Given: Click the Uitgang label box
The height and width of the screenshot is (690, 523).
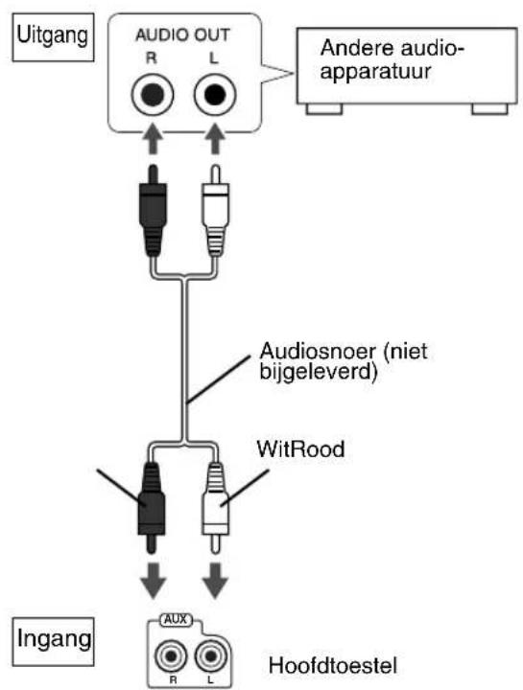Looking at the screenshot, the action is coord(53,37).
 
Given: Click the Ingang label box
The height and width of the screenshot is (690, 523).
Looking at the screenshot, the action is coord(53,641).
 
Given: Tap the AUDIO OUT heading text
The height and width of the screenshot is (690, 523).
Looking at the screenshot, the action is coord(182,35).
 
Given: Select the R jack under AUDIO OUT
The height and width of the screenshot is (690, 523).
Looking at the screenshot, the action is coord(153,95).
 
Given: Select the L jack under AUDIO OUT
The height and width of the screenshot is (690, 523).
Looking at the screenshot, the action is coord(215,95).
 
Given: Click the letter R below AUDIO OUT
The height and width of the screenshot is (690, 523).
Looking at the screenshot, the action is coord(152,57).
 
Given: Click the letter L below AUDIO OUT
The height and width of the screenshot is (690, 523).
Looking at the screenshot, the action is coord(214,57).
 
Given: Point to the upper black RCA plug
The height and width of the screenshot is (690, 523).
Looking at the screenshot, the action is coord(153,210).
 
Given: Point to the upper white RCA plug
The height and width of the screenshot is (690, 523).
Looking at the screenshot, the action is coord(215,210).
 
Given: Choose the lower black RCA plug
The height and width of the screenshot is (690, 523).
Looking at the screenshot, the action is coord(152,507).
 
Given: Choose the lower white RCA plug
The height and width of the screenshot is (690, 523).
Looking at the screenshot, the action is coord(215,507).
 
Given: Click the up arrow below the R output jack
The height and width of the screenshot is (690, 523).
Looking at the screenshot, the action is coord(153,139).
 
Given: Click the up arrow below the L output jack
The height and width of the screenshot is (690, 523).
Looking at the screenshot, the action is coord(215,139).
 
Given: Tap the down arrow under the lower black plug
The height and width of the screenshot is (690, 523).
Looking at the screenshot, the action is coord(153,581).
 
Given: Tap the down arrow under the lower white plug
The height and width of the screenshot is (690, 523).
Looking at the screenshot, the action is coord(215,581).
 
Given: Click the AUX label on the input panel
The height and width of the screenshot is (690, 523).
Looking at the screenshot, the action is coord(176,620).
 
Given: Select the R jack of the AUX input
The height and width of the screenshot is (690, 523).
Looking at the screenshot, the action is coord(171,656).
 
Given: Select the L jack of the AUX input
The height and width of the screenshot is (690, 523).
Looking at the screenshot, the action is coord(211,656).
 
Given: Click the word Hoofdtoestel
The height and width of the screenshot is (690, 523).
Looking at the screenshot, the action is coord(333,665).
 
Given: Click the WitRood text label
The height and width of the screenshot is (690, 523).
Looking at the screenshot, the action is coord(301,449).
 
